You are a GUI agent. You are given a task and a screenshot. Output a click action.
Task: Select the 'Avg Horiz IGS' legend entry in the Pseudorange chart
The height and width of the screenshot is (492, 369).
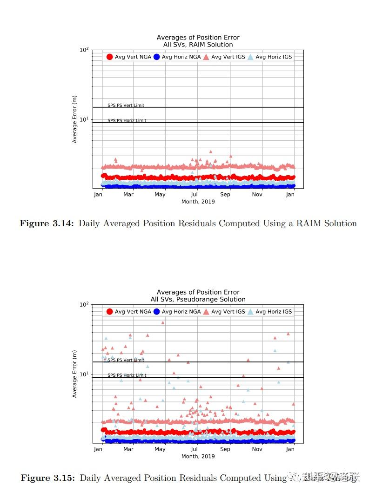coord(269,312)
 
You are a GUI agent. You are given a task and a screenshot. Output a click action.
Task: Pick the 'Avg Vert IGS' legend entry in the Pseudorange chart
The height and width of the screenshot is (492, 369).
coord(223,312)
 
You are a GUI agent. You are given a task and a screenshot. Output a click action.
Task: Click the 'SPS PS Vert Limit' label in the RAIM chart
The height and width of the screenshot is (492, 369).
coord(126,105)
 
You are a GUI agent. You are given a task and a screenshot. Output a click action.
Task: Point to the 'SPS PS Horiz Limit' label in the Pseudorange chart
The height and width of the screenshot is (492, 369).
coord(127,375)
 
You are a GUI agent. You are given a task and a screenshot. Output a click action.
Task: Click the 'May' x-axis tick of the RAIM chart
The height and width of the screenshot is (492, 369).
coord(160,194)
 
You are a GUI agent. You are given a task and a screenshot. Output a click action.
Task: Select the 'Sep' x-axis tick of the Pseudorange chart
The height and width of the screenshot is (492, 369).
coord(225,449)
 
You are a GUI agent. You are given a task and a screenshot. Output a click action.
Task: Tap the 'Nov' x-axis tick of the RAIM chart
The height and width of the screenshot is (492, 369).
coord(257,194)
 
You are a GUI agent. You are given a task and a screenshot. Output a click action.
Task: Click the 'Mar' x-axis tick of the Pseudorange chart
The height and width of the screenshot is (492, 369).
coord(129,449)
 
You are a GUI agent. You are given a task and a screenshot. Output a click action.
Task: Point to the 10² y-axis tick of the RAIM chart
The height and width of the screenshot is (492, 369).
coord(84,50)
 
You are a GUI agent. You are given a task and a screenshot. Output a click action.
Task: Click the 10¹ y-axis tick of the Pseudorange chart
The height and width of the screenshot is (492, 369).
coord(84,374)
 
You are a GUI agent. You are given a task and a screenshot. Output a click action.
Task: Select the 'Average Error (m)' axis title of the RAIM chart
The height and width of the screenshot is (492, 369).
coord(74,119)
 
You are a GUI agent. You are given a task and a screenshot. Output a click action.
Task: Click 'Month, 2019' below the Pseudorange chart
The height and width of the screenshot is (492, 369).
coord(198,456)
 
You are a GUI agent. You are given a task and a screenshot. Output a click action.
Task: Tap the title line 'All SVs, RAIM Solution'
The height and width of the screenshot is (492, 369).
coord(198,45)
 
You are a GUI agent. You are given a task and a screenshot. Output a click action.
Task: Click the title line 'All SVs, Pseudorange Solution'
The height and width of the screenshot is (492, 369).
coord(198,300)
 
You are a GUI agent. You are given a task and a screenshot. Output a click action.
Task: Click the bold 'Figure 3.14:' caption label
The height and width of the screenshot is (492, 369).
coord(47,223)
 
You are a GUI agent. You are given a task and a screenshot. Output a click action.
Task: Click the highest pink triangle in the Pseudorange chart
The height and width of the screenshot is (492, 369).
coord(163,322)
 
